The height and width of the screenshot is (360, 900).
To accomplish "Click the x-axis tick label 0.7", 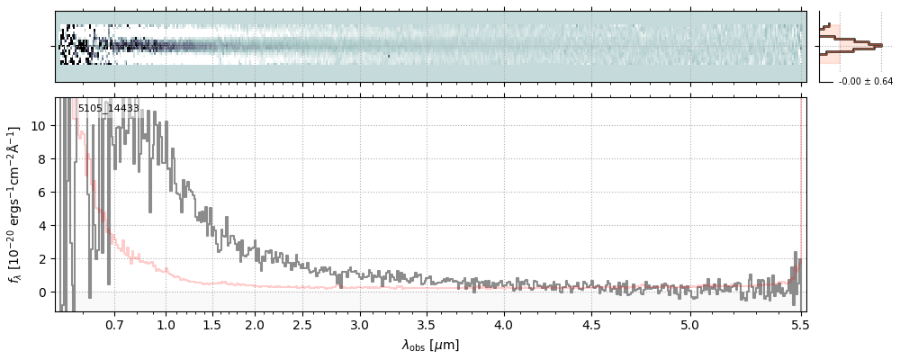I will coord(114,324).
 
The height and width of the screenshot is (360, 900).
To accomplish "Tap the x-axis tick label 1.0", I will coord(166,324).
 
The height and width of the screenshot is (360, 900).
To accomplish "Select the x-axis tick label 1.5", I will coord(212,324).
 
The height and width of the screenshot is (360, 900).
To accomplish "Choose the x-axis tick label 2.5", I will coord(302,324).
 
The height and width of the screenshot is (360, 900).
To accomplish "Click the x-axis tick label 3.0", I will coord(359,324).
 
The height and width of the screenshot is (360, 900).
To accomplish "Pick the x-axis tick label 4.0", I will coord(504,324).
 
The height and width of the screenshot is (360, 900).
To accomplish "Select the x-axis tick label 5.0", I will coord(689,324).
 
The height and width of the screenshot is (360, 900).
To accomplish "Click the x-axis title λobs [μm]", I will coord(430,345).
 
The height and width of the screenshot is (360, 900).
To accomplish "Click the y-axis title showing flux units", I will coord(15,204).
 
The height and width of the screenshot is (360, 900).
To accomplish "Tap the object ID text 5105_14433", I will coord(108,108).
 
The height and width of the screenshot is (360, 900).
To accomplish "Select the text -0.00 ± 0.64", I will coord(866,82).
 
